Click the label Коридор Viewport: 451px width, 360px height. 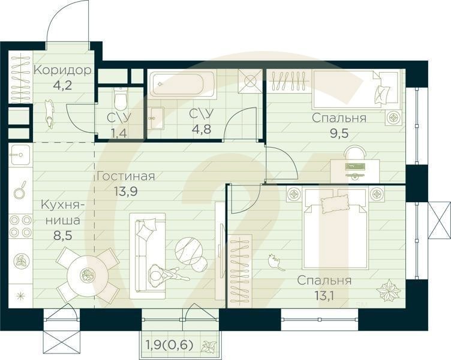62,70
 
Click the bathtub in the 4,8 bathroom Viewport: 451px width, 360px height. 182,85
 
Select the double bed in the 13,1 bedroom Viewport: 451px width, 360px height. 335,228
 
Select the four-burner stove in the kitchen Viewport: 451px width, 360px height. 20,226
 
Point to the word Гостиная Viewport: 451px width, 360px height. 126,176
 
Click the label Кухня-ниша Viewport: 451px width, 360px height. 62,212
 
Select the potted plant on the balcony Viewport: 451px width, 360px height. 210,346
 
